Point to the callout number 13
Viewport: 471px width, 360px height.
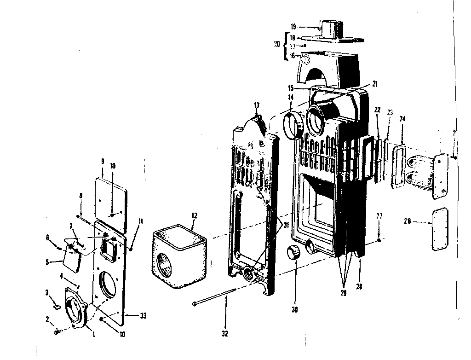pos(256,105)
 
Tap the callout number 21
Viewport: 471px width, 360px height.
pos(374,84)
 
